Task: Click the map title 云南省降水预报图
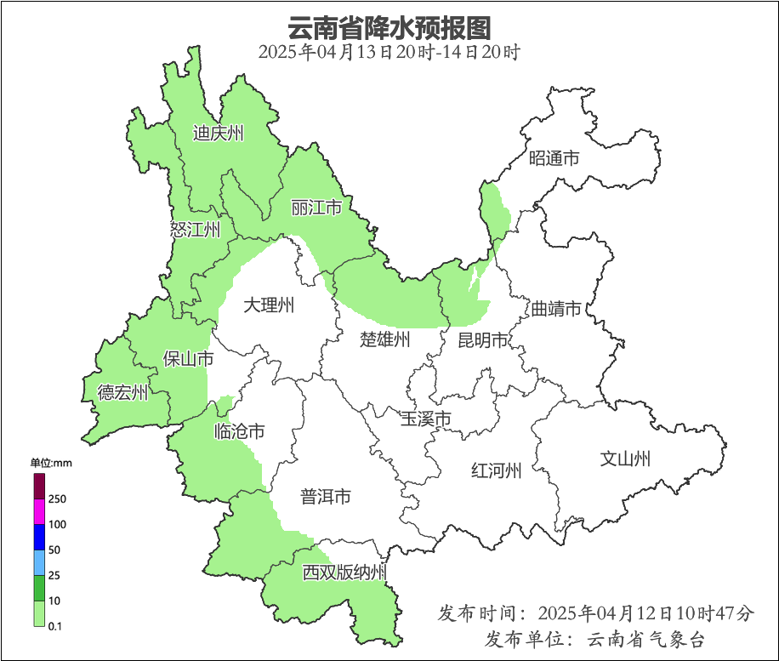(x=389, y=27)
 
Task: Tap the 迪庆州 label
(x=218, y=133)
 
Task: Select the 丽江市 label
(x=316, y=208)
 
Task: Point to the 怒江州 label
(x=195, y=229)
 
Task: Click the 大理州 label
(x=269, y=305)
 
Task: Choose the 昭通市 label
(x=554, y=158)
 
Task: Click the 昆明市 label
(x=482, y=340)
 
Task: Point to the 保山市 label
(x=188, y=359)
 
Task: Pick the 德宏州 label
(x=122, y=392)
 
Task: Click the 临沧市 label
(x=239, y=431)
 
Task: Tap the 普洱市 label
(x=326, y=497)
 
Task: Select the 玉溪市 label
(x=425, y=419)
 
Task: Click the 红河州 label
(x=497, y=470)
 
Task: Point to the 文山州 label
(x=625, y=459)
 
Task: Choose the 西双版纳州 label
(x=344, y=573)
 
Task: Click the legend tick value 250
(x=58, y=499)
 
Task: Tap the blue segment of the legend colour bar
(x=39, y=537)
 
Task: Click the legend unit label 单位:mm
(x=51, y=463)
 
